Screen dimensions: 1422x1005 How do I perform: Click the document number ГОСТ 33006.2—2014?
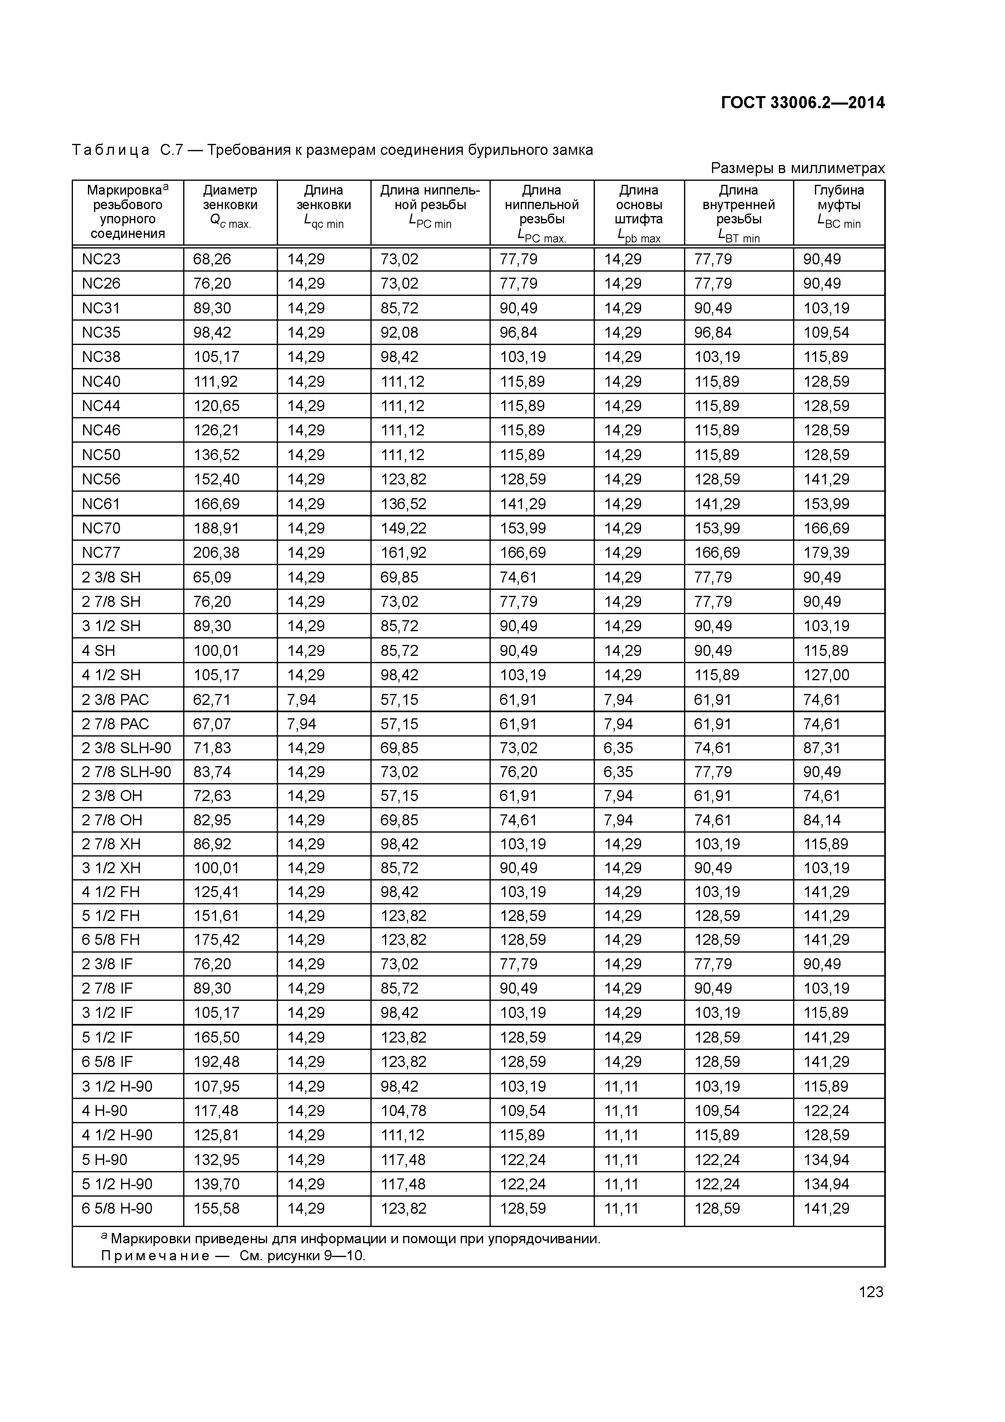pyautogui.click(x=802, y=103)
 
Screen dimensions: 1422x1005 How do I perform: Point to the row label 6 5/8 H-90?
pyautogui.click(x=117, y=1208)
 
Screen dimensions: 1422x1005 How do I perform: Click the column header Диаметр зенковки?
pyautogui.click(x=230, y=205)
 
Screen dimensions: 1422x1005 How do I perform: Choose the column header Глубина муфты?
pyautogui.click(x=838, y=205)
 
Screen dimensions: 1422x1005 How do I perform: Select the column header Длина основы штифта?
pyautogui.click(x=638, y=212)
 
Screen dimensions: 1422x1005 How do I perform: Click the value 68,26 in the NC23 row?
pyautogui.click(x=212, y=259)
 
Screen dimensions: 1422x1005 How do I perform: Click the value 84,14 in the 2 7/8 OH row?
pyautogui.click(x=822, y=820)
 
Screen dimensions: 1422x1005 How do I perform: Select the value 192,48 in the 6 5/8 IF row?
pyautogui.click(x=216, y=1062)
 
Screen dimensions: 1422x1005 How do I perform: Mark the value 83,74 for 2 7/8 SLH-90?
pyautogui.click(x=212, y=772)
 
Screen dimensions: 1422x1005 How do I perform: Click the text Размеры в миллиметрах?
pyautogui.click(x=798, y=168)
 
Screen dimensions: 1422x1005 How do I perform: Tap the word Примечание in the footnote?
pyautogui.click(x=155, y=1256)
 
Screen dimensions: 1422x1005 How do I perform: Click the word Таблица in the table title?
pyautogui.click(x=111, y=150)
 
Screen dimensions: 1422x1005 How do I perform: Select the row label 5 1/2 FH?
pyautogui.click(x=111, y=916)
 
